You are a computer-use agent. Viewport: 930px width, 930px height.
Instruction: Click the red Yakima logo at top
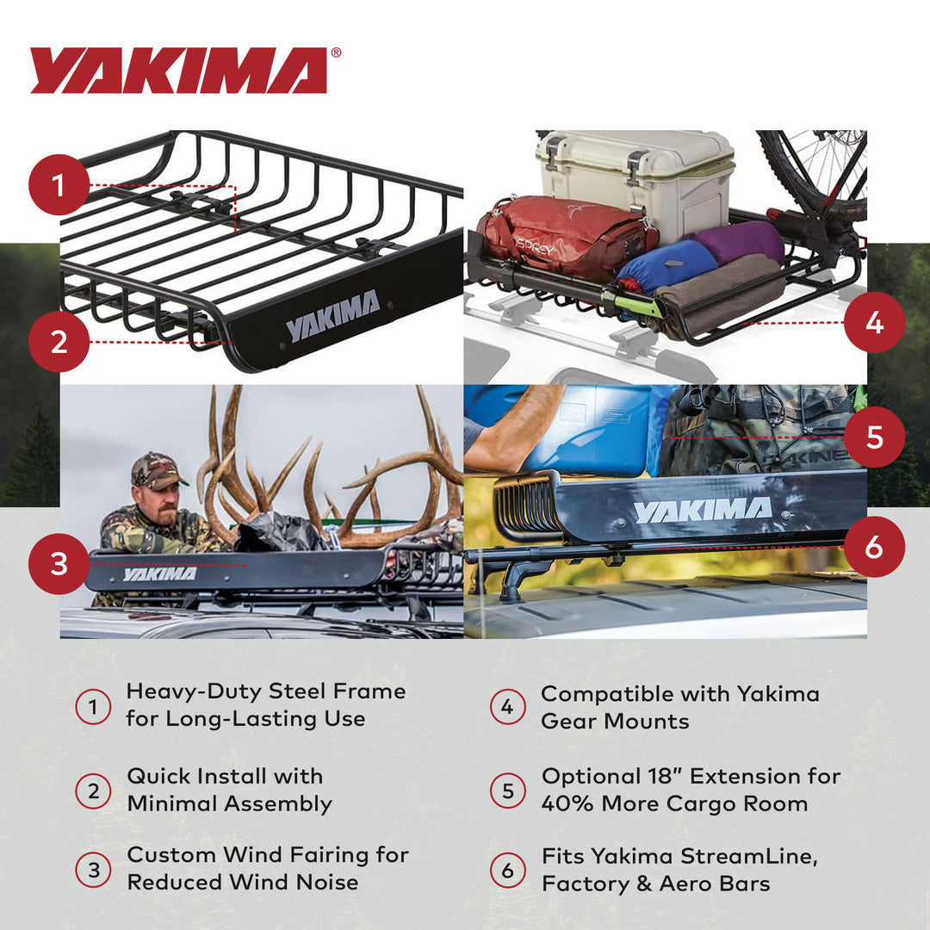coord(179,70)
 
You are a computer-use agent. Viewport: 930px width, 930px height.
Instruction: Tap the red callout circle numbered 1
coord(59,184)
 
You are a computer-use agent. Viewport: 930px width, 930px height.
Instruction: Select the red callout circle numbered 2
coord(59,341)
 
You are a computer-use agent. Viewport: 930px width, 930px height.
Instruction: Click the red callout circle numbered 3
coord(59,564)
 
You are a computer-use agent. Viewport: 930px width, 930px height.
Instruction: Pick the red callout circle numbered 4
coord(874,323)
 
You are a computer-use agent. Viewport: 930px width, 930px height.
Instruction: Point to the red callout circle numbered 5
coord(874,437)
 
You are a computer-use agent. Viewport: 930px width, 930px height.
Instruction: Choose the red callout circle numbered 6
coord(874,546)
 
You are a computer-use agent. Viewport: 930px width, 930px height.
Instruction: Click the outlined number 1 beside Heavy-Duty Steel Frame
coord(93,707)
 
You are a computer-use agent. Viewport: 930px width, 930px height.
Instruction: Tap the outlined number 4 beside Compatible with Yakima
coord(507,707)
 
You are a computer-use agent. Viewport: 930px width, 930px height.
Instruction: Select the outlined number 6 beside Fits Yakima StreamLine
coord(507,871)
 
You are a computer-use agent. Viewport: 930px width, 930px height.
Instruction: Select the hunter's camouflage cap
coord(157,470)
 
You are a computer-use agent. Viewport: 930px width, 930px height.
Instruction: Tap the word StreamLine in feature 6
coord(748,857)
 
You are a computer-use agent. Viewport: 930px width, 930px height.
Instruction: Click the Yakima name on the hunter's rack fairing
coord(159,573)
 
